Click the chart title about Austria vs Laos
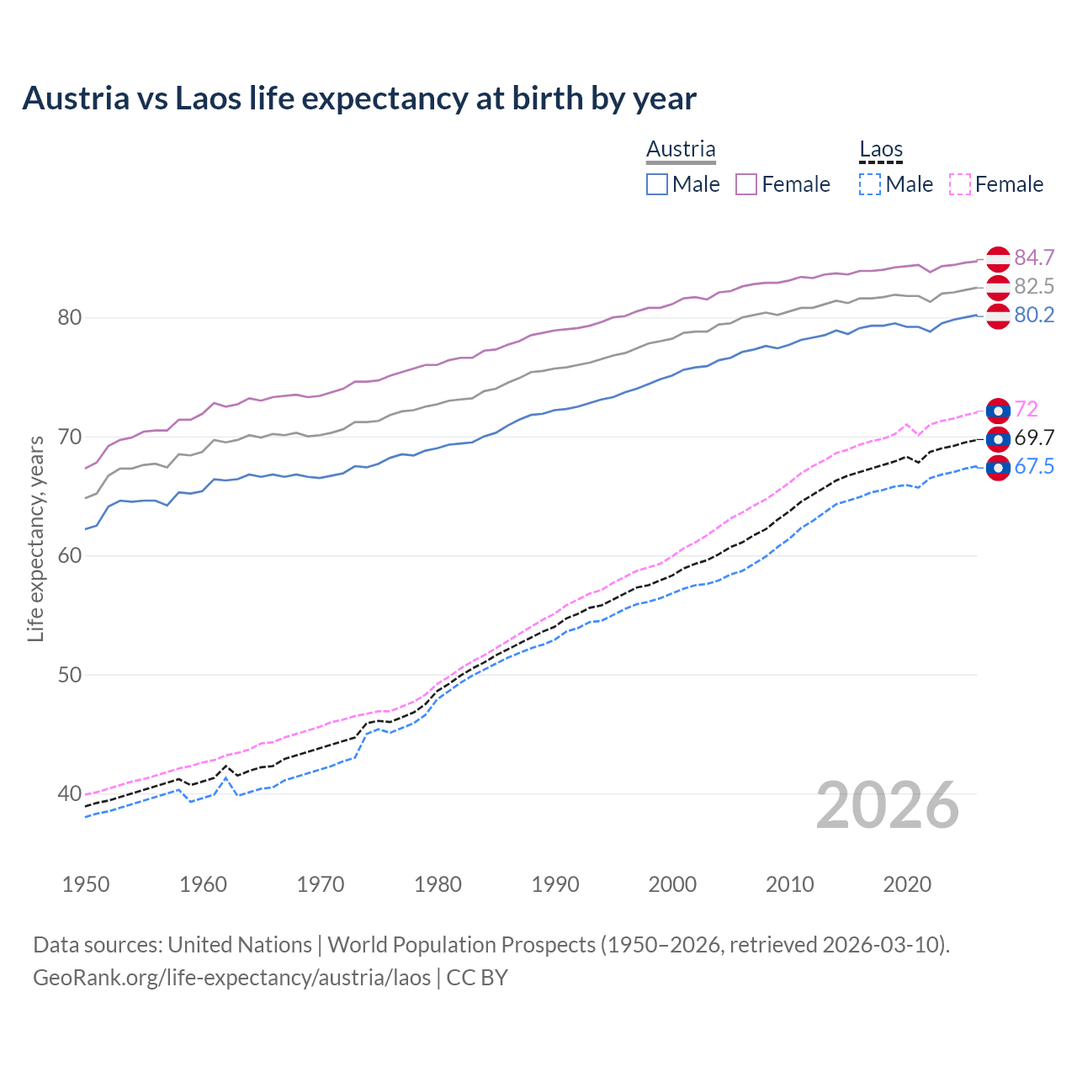pyautogui.click(x=359, y=98)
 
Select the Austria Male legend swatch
pyautogui.click(x=657, y=184)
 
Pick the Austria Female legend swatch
pyautogui.click(x=746, y=184)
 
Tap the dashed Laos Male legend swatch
pyautogui.click(x=870, y=184)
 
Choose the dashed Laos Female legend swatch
pyautogui.click(x=960, y=184)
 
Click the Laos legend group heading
pyautogui.click(x=881, y=150)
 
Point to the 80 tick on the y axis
pyautogui.click(x=69, y=318)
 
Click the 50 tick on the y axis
pyautogui.click(x=69, y=675)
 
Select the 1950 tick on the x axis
pyautogui.click(x=86, y=884)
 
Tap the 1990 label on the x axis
pyautogui.click(x=555, y=884)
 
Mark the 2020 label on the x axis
pyautogui.click(x=907, y=884)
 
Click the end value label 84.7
pyautogui.click(x=1034, y=257)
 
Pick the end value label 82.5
pyautogui.click(x=1034, y=286)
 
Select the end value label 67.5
pyautogui.click(x=1034, y=467)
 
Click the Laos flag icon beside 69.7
pyautogui.click(x=998, y=438)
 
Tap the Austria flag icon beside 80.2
pyautogui.click(x=998, y=316)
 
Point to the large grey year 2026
pyautogui.click(x=888, y=805)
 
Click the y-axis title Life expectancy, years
pyautogui.click(x=35, y=538)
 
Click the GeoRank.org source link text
pyautogui.click(x=231, y=978)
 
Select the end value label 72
pyautogui.click(x=1027, y=410)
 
